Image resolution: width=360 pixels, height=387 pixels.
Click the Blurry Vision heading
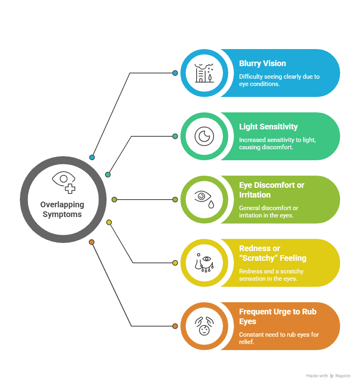262,63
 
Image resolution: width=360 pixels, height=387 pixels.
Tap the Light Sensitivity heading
268,127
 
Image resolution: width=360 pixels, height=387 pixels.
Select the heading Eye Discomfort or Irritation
272,190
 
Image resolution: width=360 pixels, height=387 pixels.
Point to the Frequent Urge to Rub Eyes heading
278,316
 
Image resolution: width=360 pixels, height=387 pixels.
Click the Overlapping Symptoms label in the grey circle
62,209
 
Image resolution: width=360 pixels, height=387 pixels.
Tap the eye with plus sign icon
64,182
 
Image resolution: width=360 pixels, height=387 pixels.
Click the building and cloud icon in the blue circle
204,73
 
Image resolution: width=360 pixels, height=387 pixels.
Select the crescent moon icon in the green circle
204,136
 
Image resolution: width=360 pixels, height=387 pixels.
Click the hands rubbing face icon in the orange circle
204,326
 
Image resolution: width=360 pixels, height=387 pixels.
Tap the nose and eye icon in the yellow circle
204,262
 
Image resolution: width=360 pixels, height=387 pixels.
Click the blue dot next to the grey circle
92,157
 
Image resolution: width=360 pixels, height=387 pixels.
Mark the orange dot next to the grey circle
92,242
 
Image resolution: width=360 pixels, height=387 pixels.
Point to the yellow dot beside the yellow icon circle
175,263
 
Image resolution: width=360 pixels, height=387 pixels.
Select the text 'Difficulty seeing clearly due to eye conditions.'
279,80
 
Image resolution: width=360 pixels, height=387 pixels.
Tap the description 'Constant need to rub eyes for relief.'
279,338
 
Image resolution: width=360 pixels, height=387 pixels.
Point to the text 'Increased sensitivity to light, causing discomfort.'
277,143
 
